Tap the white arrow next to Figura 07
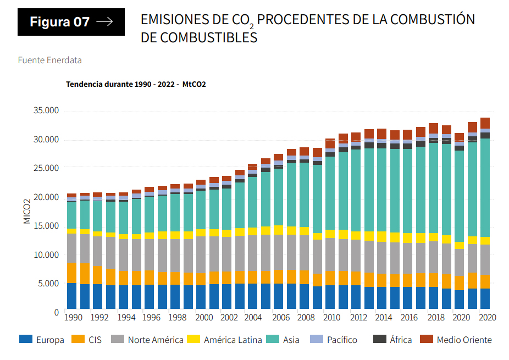(x=104, y=22)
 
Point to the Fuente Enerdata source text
(x=49, y=60)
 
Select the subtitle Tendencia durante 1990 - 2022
(x=120, y=84)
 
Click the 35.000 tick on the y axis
(x=46, y=110)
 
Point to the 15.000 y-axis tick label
(x=46, y=225)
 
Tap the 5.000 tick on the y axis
(x=48, y=283)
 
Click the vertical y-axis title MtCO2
(x=26, y=212)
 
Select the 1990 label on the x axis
(x=74, y=317)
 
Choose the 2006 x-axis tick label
(x=281, y=317)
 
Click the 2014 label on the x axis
(x=385, y=317)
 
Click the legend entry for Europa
(x=42, y=340)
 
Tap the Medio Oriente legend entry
(x=456, y=340)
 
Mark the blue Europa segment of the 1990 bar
(x=71, y=296)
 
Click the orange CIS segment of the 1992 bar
(x=97, y=275)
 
